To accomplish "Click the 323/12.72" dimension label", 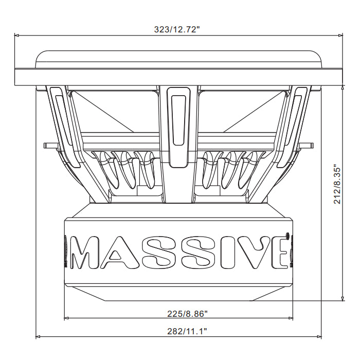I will point(177,29).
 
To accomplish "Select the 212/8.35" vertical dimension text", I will point(338,184).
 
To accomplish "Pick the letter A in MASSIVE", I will point(120,253).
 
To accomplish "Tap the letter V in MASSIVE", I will point(250,253).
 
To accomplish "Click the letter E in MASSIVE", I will point(280,253).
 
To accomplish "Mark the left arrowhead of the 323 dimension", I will point(16,35).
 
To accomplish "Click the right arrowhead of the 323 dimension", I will point(340,35).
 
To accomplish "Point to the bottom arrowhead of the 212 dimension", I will point(343,299).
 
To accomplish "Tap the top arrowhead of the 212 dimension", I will point(343,87).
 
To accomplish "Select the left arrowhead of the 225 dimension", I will point(66,318).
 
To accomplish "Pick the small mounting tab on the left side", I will point(49,145).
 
